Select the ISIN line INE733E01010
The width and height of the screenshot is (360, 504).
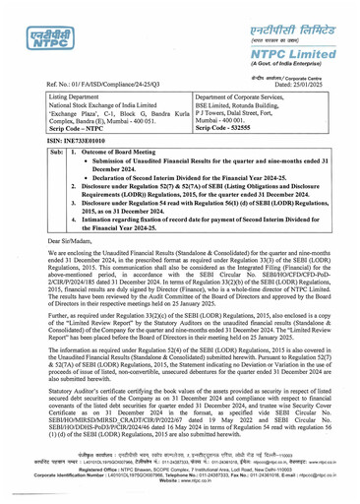pos(65,143)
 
